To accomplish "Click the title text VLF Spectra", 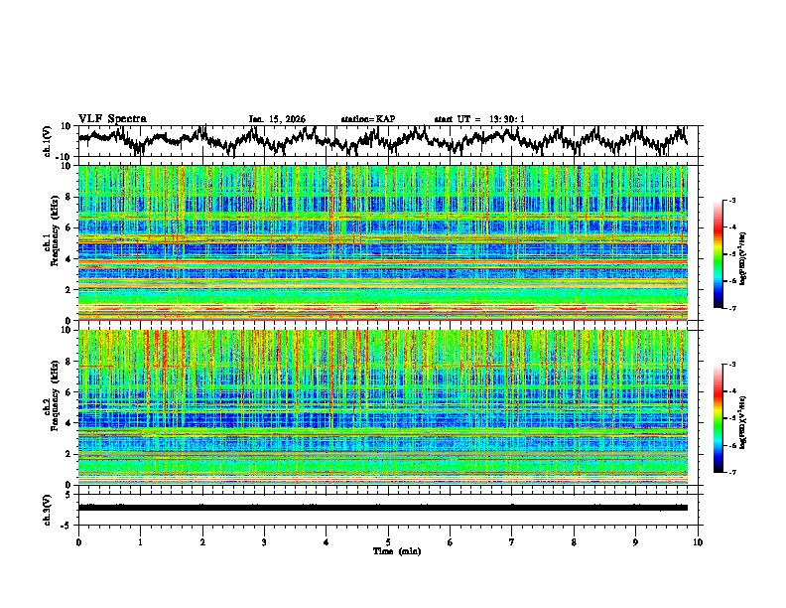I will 112,118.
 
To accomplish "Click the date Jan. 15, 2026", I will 277,119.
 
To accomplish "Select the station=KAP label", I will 367,119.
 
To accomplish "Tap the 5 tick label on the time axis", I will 388,541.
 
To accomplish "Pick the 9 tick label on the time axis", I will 636,541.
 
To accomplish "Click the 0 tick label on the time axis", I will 78,541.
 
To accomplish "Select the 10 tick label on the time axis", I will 698,541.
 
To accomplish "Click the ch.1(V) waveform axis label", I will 48,141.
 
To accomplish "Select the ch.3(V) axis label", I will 48,508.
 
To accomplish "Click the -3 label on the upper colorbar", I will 731,201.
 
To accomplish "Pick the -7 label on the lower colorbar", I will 731,473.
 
